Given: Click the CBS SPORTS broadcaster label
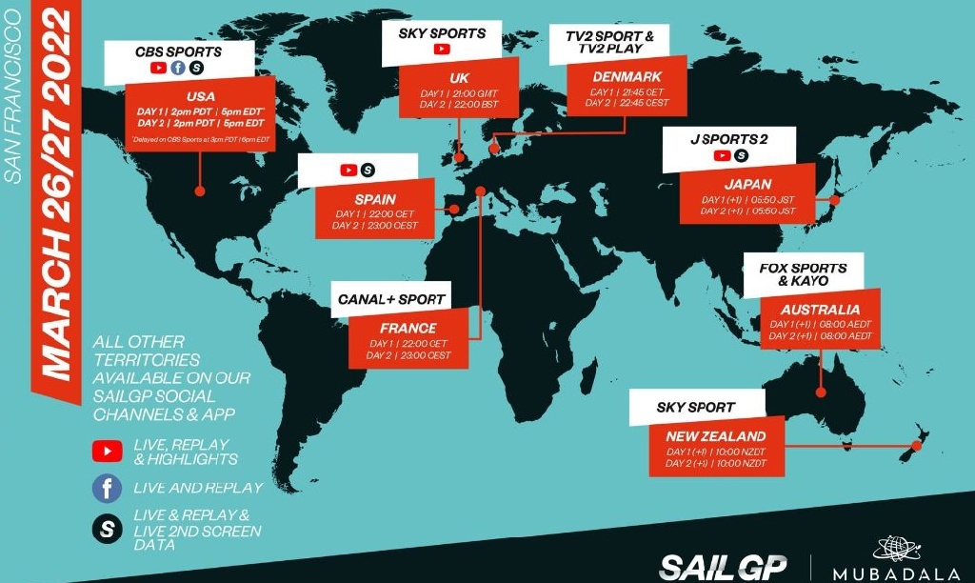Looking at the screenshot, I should pyautogui.click(x=179, y=50).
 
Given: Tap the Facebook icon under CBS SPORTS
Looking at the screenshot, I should pyautogui.click(x=178, y=68).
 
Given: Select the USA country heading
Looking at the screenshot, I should pyautogui.click(x=202, y=96).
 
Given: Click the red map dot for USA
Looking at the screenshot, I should pyautogui.click(x=200, y=191).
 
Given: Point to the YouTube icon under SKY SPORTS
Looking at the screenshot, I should pyautogui.click(x=442, y=50).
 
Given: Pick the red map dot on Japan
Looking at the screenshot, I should pyautogui.click(x=835, y=200).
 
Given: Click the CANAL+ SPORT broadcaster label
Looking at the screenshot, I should pyautogui.click(x=391, y=299).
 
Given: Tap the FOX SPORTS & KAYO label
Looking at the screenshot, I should pyautogui.click(x=802, y=274).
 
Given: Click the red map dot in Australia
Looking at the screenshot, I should pyautogui.click(x=821, y=392).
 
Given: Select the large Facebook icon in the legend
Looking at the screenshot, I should pyautogui.click(x=108, y=489).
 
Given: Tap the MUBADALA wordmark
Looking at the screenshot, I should pyautogui.click(x=892, y=574).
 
